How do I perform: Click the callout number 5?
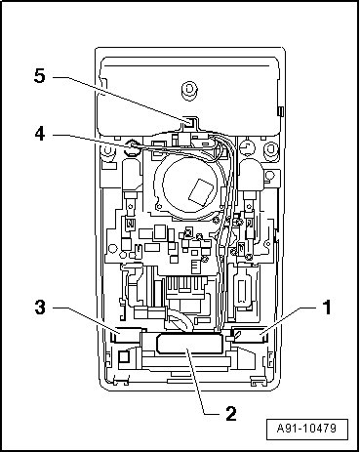40,77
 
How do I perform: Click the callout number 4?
40,134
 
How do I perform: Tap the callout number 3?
40,307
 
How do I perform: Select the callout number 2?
231,414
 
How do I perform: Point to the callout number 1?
326,308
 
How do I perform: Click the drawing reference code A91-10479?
306,428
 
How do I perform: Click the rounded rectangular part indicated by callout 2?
189,344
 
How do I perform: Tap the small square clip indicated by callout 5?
189,122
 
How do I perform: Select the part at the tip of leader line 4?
133,148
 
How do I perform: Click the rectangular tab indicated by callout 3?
126,335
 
